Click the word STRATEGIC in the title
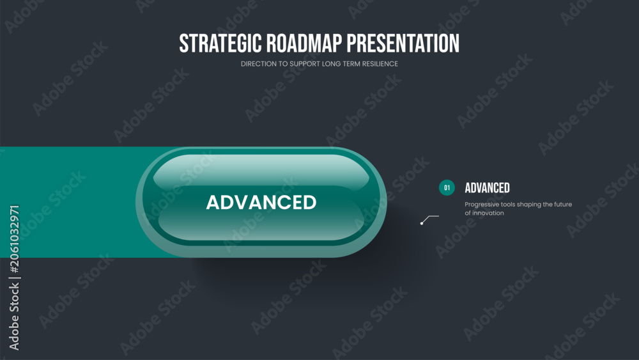[220, 43]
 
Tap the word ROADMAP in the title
[304, 43]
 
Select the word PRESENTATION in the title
[403, 43]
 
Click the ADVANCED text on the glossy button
[261, 202]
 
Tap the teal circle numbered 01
[447, 187]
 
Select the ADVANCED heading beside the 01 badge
[488, 188]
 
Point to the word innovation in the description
[488, 213]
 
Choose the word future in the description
[563, 204]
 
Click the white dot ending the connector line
[422, 223]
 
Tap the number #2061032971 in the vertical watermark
[14, 239]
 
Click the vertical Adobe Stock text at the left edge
[14, 317]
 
